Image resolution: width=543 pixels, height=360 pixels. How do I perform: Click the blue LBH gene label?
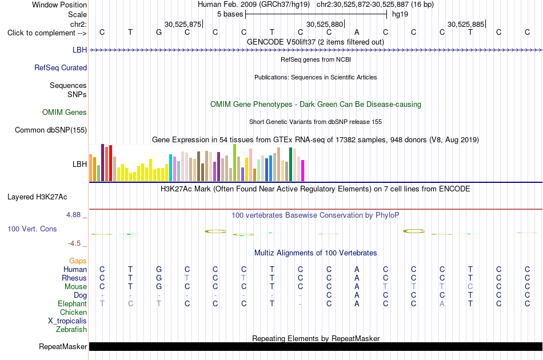79,50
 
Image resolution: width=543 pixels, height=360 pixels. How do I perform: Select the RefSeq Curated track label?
61,67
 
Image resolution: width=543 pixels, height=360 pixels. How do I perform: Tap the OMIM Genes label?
65,112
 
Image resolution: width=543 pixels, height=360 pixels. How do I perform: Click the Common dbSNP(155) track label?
51,130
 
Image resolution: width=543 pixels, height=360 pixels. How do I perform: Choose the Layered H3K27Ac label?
37,197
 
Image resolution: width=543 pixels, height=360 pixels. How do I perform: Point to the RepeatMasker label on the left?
63,346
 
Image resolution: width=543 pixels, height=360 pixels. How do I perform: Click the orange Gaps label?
78,261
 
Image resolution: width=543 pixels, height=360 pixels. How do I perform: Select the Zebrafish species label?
71,330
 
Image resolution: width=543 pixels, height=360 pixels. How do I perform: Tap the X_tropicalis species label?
67,321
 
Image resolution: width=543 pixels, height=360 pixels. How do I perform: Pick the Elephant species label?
73,304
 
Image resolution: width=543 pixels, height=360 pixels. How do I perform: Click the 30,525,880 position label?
325,24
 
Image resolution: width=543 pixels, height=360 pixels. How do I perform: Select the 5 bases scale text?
230,14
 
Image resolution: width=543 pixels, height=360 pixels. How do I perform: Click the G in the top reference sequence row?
159,32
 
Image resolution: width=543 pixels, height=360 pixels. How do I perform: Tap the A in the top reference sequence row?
357,32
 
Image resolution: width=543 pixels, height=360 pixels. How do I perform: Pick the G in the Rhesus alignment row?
159,278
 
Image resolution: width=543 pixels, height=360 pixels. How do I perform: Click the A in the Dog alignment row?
357,295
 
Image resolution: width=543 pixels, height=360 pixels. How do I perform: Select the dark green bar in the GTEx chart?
291,165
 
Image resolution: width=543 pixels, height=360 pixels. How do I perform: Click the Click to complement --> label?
47,33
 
